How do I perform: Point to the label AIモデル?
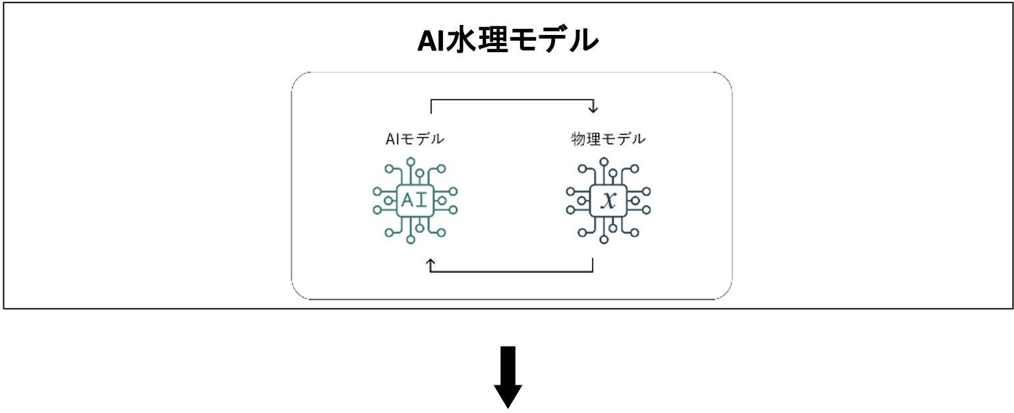414,139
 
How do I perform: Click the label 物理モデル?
608,139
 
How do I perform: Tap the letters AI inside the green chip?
415,200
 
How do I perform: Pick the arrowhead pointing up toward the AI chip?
431,263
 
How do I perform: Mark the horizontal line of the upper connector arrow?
512,99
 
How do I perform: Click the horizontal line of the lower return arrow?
512,271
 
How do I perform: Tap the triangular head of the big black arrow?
508,395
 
